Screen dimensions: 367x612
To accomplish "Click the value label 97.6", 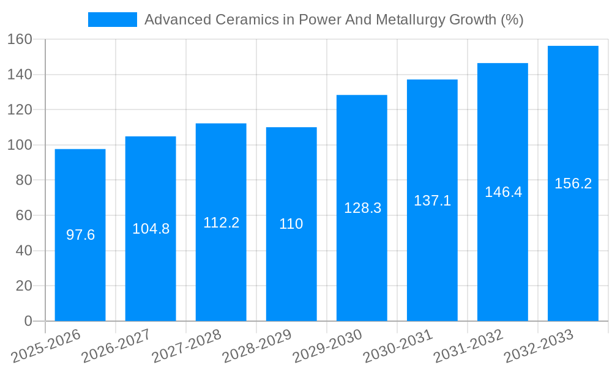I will click(80, 235).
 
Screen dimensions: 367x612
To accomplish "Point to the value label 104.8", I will click(151, 229).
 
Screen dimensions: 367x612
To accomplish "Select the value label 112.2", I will click(221, 223).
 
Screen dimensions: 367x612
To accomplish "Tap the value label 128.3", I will click(362, 208).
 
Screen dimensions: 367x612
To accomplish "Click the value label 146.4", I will click(503, 192).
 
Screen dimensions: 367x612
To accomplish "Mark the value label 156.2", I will click(573, 183).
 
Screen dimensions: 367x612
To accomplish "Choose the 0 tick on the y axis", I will click(28, 321).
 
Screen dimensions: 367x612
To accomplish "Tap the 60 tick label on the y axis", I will click(24, 215).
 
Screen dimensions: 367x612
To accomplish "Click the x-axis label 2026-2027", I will click(116, 346).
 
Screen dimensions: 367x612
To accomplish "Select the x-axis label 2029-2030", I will click(327, 346).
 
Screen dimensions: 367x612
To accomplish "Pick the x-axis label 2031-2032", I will click(468, 346).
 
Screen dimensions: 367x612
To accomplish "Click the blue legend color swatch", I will click(113, 20).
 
